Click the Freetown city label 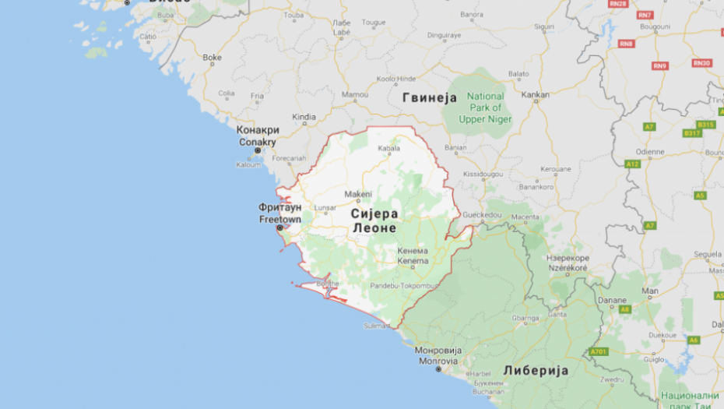click(279, 220)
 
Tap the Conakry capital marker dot click(258, 151)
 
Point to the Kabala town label click(388, 148)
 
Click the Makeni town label click(358, 194)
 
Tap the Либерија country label click(535, 370)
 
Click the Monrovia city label click(438, 361)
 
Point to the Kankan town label click(535, 95)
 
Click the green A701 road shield click(598, 351)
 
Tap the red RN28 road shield click(618, 5)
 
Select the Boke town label click(212, 58)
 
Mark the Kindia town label click(304, 117)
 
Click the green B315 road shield click(705, 125)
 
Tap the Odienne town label click(649, 152)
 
